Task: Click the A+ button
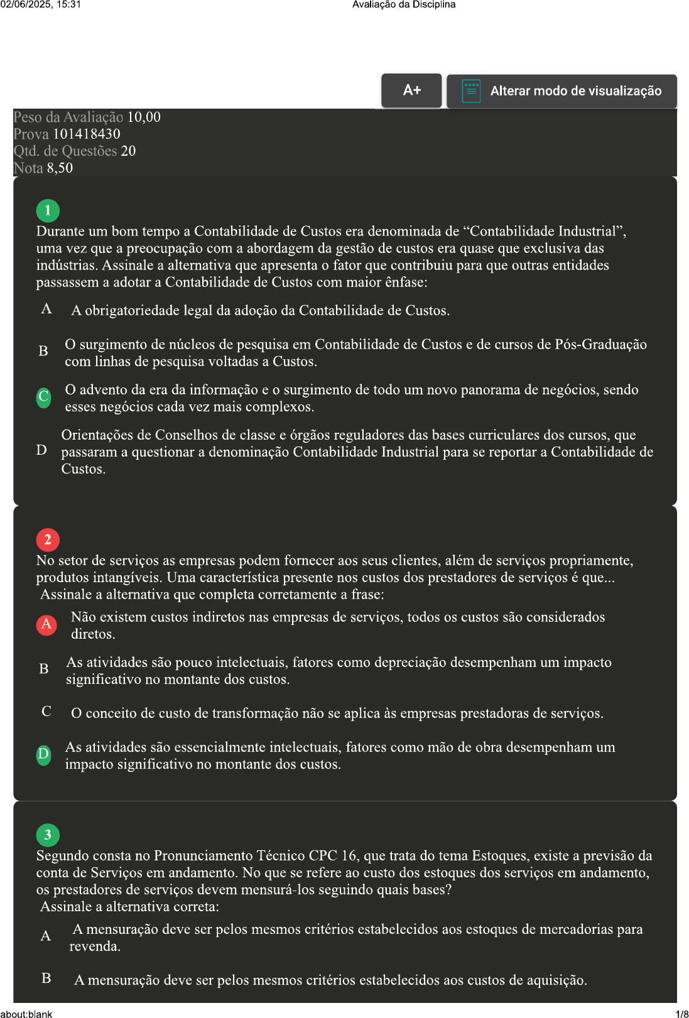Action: coord(411,90)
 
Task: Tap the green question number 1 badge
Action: coord(48,210)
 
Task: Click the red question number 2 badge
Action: coord(48,539)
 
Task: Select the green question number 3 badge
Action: coord(48,835)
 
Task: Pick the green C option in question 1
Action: coord(44,397)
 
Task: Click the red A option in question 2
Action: coord(46,624)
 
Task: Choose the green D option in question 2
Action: coord(43,754)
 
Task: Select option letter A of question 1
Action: coord(46,309)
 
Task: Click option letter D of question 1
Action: coord(41,450)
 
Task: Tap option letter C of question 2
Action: coord(46,712)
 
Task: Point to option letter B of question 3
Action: coord(46,978)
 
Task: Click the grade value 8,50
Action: coord(60,168)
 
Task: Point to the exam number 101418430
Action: coord(87,134)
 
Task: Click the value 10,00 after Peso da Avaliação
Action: coord(144,117)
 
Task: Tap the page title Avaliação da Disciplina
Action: coord(404,4)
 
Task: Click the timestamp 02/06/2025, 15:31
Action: coord(41,4)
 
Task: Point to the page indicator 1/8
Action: coord(681,1014)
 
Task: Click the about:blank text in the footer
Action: coord(26,1014)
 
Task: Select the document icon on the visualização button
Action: coord(471,91)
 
